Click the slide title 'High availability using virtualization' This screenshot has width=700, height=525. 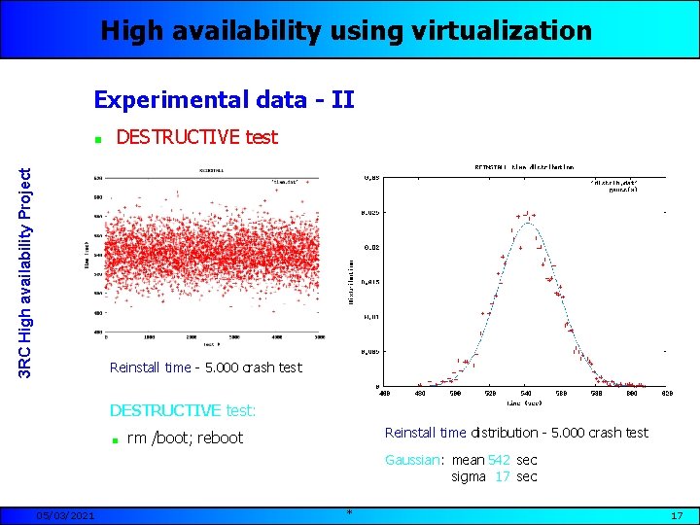coord(346,31)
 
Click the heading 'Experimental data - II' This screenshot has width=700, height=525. coord(224,99)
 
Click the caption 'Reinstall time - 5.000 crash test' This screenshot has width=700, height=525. coord(206,367)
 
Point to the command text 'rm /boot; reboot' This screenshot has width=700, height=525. coord(185,437)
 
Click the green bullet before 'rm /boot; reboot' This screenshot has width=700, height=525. coord(115,438)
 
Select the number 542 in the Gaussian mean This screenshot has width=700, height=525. coord(499,460)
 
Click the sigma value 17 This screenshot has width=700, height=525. coord(502,476)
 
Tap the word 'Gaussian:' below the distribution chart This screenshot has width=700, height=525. coord(415,460)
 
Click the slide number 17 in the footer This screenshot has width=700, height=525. coord(677,514)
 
